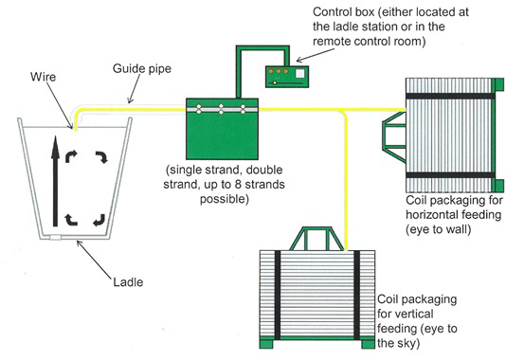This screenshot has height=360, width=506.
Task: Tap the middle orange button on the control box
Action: coord(279,70)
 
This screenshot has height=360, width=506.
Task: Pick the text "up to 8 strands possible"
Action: coord(220,195)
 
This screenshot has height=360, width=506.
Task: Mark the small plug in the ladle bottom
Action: coord(62,239)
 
